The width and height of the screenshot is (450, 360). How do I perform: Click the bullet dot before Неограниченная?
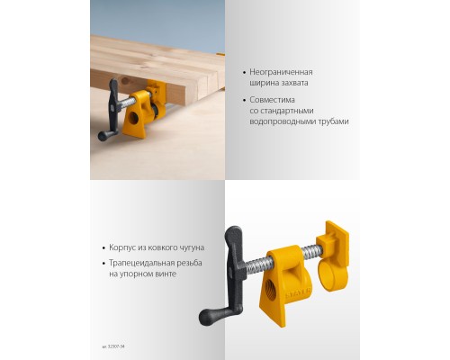tap(245, 71)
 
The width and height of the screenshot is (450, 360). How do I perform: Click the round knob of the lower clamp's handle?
tap(206, 317)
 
